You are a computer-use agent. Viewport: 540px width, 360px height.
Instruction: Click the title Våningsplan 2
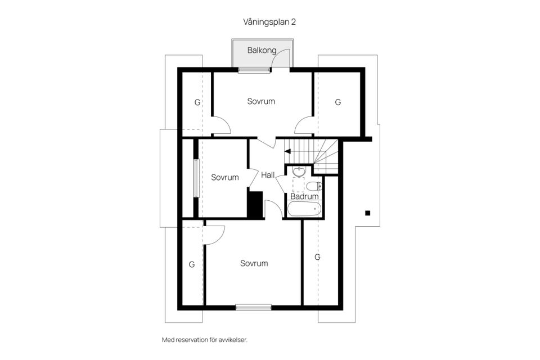[269, 22]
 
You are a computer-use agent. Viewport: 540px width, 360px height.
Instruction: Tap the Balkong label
[262, 50]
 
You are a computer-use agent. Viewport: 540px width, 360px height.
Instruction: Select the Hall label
[268, 175]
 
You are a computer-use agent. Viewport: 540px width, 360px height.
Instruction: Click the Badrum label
[304, 196]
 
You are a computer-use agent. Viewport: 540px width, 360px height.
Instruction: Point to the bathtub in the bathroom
[304, 210]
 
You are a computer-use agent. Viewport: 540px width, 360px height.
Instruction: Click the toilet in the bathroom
[314, 186]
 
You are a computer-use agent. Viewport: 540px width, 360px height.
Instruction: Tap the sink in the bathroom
[298, 172]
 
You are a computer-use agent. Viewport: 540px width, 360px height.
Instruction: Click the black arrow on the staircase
[287, 151]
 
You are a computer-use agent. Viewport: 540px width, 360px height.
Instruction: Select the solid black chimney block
[255, 204]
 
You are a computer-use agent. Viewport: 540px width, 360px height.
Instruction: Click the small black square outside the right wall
[367, 213]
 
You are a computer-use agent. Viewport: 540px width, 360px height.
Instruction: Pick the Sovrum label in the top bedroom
[261, 101]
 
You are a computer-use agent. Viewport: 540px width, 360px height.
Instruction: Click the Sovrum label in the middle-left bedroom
[225, 177]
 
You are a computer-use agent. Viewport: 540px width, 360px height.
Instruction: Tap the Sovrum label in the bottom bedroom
[254, 263]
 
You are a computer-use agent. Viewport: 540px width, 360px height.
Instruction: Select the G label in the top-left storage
[197, 102]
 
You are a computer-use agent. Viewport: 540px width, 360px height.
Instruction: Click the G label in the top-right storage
[338, 102]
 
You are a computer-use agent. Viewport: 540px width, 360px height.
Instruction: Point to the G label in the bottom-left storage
[192, 264]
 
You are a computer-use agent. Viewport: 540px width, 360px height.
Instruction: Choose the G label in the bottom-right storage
[317, 256]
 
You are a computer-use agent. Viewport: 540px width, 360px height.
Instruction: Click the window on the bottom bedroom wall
[253, 307]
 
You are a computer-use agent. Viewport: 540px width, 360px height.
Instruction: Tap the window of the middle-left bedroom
[196, 178]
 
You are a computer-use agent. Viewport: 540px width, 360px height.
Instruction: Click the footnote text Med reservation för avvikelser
[204, 340]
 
